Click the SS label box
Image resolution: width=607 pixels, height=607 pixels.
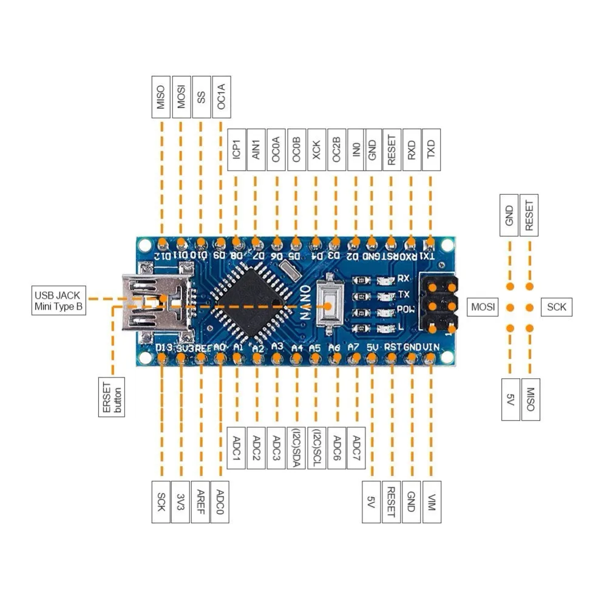tap(200, 96)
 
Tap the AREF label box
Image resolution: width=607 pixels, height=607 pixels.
tap(200, 502)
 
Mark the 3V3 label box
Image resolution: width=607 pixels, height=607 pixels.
tap(181, 502)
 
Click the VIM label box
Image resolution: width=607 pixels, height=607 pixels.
tap(431, 502)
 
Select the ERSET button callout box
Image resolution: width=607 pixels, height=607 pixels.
tap(112, 397)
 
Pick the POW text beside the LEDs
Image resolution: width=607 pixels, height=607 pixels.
tap(404, 310)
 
